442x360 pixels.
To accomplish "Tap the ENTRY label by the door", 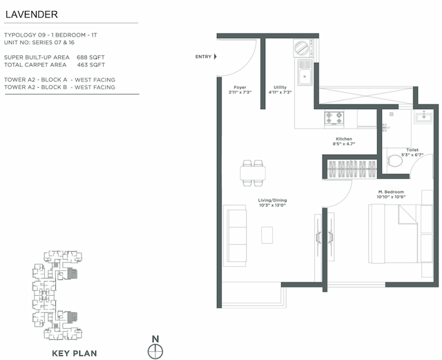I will pyautogui.click(x=203, y=57).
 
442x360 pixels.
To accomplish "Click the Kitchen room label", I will pyautogui.click(x=344, y=141).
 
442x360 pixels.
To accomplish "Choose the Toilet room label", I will pyautogui.click(x=412, y=151).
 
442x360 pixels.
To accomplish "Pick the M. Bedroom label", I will pyautogui.click(x=391, y=193).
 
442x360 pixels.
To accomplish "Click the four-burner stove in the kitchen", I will pyautogui.click(x=334, y=118).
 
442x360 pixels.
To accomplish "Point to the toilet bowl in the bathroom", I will pyautogui.click(x=395, y=160).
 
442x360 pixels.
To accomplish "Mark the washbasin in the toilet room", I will pyautogui.click(x=421, y=118).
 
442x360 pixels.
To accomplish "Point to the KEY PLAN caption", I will pyautogui.click(x=75, y=353).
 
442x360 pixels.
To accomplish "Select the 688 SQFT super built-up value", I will pyautogui.click(x=92, y=57).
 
